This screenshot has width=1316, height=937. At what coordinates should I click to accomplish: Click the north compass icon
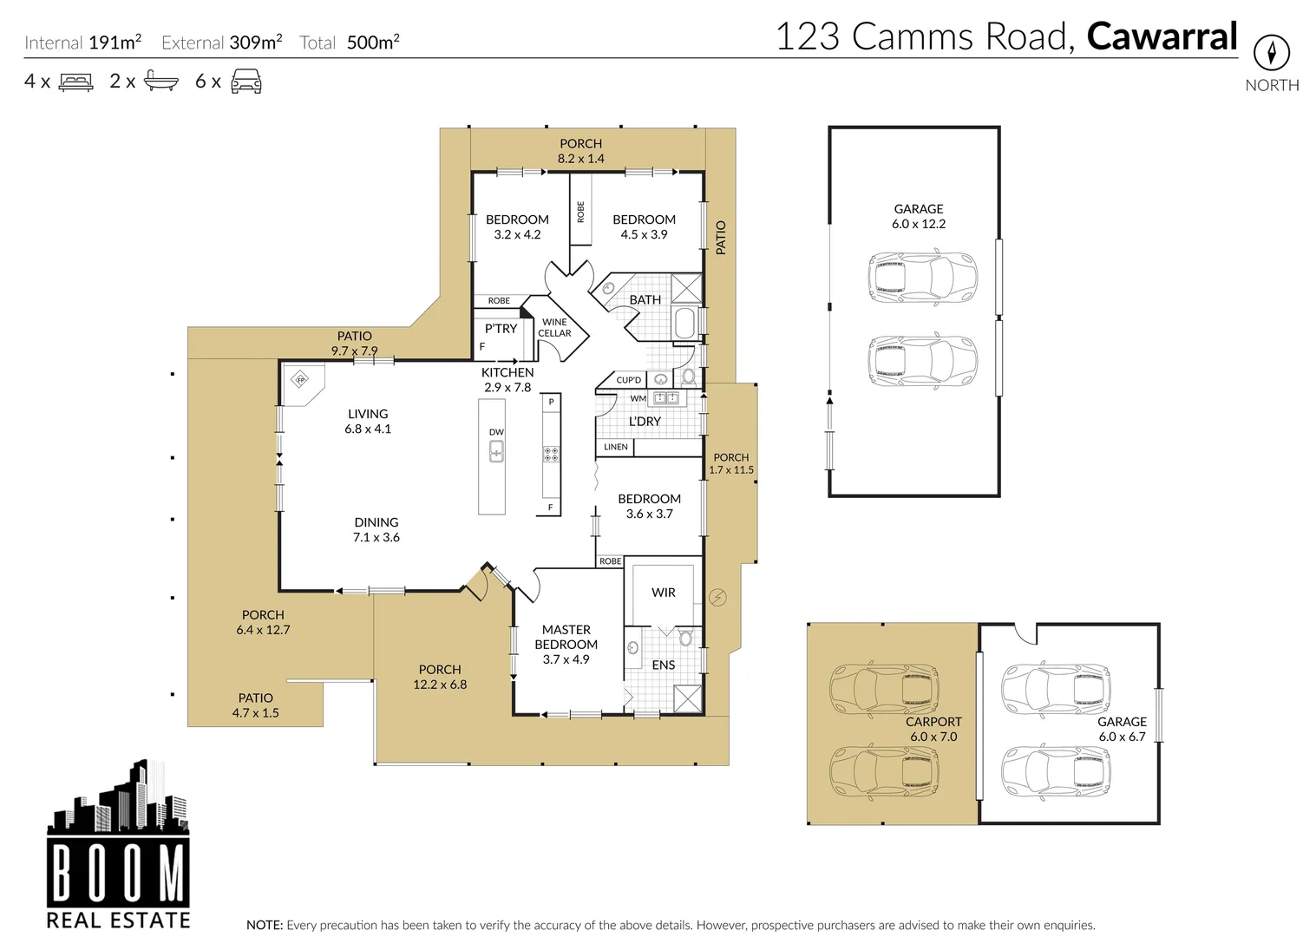[1271, 54]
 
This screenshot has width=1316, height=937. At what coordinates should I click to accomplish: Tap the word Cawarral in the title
[1162, 36]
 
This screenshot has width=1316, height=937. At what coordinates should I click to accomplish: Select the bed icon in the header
[75, 82]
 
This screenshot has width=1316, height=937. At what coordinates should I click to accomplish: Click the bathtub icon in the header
[161, 82]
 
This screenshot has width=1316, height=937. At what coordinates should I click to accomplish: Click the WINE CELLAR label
[554, 328]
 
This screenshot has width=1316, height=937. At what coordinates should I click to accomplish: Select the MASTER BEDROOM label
[566, 637]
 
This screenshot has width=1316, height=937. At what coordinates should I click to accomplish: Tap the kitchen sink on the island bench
[496, 451]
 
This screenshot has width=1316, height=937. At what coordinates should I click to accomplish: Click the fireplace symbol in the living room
[301, 379]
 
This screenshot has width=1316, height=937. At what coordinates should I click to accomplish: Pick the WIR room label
[663, 593]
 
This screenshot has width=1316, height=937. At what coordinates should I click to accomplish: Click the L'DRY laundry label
[645, 422]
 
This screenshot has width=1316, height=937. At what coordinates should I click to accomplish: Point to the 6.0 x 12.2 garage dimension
[919, 224]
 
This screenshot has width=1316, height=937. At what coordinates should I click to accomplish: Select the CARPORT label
[933, 722]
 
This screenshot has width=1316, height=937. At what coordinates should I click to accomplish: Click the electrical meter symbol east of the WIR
[717, 597]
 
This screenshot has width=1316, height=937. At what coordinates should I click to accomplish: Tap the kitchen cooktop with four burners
[551, 454]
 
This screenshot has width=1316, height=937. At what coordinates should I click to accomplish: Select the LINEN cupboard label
[615, 448]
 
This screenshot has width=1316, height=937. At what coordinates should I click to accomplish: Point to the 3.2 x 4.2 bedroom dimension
[517, 234]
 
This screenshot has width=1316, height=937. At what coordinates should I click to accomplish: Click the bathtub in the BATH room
[684, 323]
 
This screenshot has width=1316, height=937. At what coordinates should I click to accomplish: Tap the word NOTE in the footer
[264, 926]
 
